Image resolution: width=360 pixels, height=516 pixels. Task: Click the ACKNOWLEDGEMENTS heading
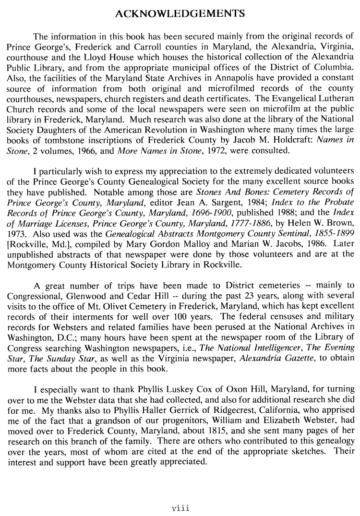coord(180,14)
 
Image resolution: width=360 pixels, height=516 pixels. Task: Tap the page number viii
coord(180,506)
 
